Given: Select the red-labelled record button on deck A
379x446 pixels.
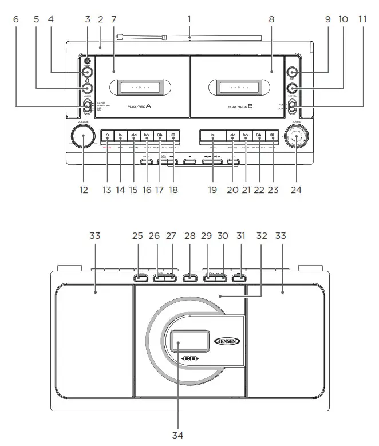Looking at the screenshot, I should (108, 136).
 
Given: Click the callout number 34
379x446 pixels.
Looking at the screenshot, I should (177, 435).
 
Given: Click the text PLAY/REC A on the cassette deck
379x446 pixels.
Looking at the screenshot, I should (139, 106).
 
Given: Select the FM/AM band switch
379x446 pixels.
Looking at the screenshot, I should (292, 105).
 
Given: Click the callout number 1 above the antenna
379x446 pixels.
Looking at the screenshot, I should (189, 19).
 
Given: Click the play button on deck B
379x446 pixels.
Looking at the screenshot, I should (212, 136).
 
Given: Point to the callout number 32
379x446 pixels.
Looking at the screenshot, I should (262, 235).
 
